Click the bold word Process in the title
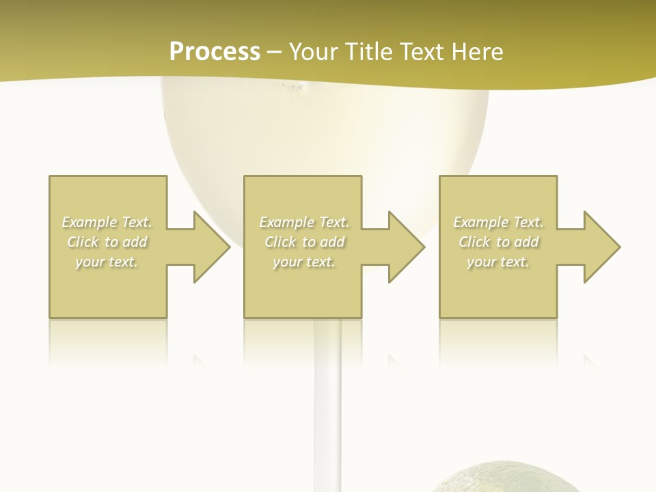[215, 52]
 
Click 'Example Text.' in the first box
[107, 222]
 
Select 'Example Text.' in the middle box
[304, 222]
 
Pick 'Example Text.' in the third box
[498, 222]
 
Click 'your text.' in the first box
[107, 262]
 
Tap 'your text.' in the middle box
[304, 262]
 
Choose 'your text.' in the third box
[498, 262]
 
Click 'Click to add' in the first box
[107, 242]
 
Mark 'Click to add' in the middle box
[304, 242]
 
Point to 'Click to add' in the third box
[498, 242]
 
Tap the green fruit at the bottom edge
[506, 478]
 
